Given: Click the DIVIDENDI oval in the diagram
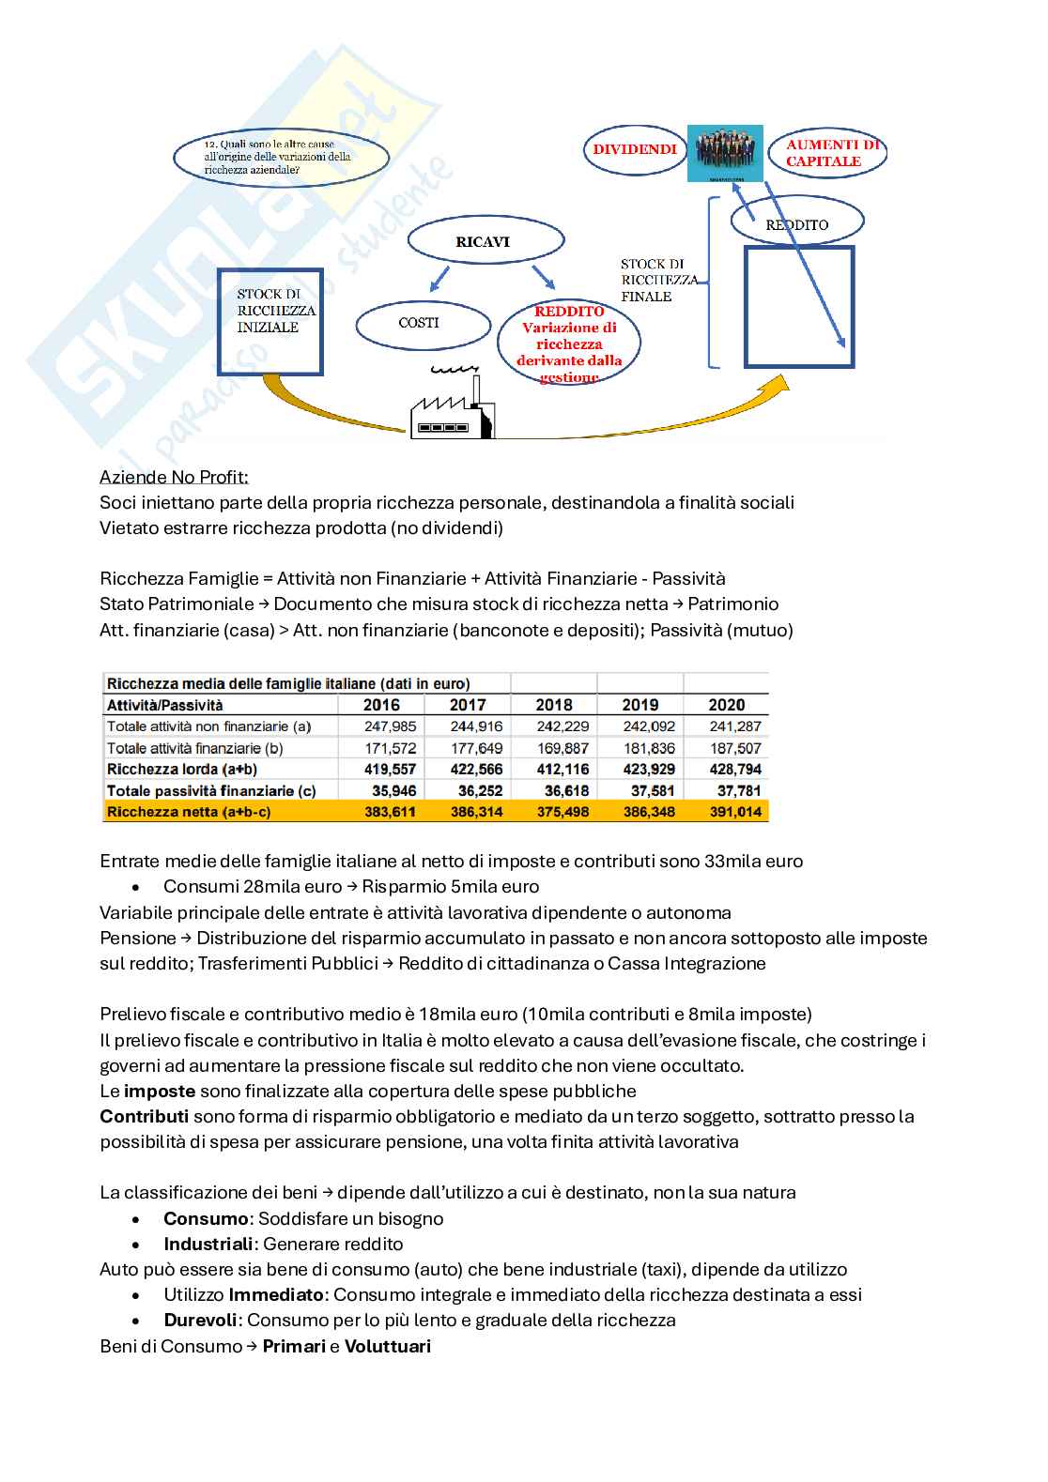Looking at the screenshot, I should [635, 150].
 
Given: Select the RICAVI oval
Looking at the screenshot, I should [484, 241].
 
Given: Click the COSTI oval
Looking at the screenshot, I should [421, 323].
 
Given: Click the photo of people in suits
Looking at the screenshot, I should [724, 153].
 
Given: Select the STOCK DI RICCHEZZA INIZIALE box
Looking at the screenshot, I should [270, 321].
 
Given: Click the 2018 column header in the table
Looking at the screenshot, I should [554, 705].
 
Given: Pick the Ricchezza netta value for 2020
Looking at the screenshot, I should [735, 812].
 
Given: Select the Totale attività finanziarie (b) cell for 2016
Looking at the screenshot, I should [390, 748].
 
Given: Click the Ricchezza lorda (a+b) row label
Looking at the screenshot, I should [182, 770].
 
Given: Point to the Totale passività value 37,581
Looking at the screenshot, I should [648, 791].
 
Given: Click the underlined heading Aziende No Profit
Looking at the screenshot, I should [174, 477].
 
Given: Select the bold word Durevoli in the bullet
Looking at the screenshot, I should [200, 1321].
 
